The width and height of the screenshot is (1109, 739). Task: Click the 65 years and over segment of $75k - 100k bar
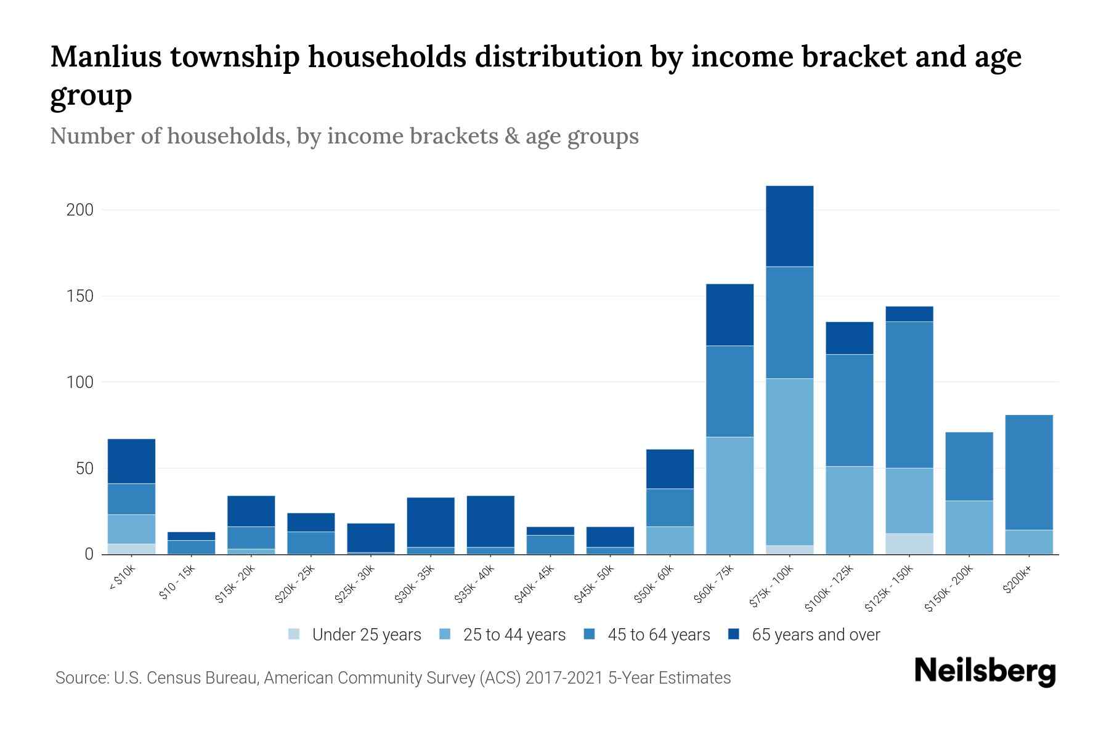[x=789, y=226]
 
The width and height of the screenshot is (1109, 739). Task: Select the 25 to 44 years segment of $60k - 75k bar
[x=729, y=495]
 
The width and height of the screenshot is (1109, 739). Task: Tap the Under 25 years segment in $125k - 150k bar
[x=909, y=544]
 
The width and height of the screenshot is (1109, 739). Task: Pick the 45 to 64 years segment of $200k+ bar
[x=1028, y=472]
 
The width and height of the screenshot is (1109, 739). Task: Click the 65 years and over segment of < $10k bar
[x=131, y=461]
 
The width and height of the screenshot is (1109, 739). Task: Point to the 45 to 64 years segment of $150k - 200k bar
[x=969, y=466]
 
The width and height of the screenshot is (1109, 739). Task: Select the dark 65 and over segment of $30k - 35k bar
[x=431, y=522]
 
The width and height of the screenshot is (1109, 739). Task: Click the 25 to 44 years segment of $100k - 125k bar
[x=849, y=510]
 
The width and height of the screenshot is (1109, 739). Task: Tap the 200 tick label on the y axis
[x=79, y=210]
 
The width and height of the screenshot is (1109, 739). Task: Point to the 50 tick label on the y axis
[x=84, y=469]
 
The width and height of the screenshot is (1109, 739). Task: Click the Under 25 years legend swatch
[x=294, y=634]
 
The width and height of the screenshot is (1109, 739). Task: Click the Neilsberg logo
[x=985, y=672]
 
